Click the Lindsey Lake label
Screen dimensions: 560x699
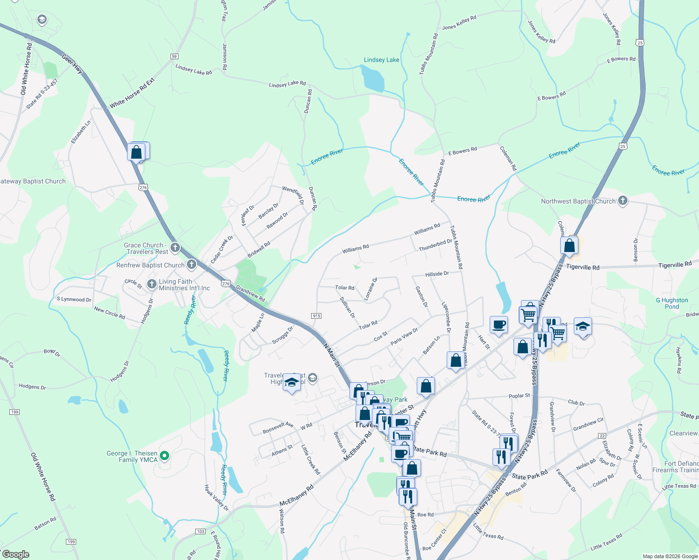381,60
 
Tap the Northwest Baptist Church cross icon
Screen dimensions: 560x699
622,201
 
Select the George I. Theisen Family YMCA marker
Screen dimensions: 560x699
164,455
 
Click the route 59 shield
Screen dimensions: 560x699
174,56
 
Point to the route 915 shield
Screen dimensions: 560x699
316,316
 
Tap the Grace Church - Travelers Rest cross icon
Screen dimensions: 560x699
175,247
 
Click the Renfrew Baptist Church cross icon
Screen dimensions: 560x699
191,265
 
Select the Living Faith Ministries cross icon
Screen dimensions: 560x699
151,284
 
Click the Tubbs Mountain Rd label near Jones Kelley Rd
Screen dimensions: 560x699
429,54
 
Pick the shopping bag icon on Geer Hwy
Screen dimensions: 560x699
136,152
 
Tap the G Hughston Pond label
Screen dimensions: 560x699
672,303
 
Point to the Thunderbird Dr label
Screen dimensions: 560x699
435,245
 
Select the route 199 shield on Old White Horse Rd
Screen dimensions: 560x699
14,412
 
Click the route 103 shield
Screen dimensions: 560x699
200,532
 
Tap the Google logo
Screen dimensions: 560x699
15,554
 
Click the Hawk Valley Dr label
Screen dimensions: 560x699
216,497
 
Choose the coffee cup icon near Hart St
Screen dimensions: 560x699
499,324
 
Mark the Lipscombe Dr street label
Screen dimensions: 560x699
446,317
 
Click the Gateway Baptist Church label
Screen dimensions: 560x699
33,181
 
